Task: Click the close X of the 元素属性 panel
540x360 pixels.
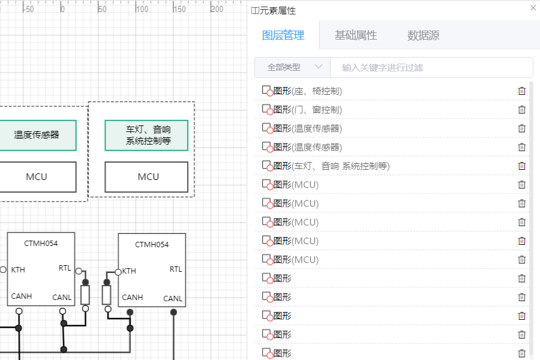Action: pyautogui.click(x=533, y=8)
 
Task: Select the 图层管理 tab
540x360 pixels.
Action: pyautogui.click(x=283, y=35)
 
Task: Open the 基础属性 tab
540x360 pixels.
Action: pyautogui.click(x=356, y=35)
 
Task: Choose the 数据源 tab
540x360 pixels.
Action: pyautogui.click(x=423, y=35)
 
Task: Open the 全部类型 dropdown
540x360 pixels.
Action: pyautogui.click(x=293, y=67)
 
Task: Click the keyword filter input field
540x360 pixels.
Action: pyautogui.click(x=431, y=67)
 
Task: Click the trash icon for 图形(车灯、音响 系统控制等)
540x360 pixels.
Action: pyautogui.click(x=521, y=166)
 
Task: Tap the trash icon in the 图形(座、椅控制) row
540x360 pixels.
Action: pyautogui.click(x=521, y=91)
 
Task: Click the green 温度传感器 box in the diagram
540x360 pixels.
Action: pyautogui.click(x=37, y=135)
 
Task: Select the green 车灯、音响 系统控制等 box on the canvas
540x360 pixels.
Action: pyautogui.click(x=146, y=135)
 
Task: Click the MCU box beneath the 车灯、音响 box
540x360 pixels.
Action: pyautogui.click(x=146, y=177)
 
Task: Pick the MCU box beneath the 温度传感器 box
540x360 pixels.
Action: pyautogui.click(x=37, y=177)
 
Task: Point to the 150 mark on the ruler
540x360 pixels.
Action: pyautogui.click(x=179, y=9)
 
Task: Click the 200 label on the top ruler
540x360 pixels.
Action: pyautogui.click(x=217, y=9)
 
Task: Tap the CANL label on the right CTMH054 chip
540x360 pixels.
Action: pyautogui.click(x=173, y=298)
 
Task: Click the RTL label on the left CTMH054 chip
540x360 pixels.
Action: pyautogui.click(x=65, y=268)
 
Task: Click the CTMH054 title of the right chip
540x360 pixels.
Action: pyautogui.click(x=152, y=244)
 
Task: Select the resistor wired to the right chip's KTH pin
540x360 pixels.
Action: pyautogui.click(x=107, y=295)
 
